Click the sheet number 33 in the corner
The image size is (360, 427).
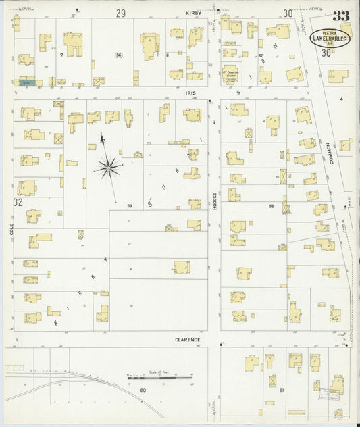coord(340,16)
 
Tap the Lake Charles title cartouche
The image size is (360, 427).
coord(330,38)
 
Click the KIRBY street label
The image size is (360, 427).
coord(195,12)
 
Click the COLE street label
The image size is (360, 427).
coord(11,230)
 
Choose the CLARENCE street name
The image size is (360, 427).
coord(187,339)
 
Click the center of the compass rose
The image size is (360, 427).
coord(107,166)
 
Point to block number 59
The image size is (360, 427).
coord(130,205)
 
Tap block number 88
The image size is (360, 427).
coord(272,205)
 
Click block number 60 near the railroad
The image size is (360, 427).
coord(143,391)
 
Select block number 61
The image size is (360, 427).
coord(282,391)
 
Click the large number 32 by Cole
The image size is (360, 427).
coord(18,202)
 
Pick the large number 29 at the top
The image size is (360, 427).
coord(120,13)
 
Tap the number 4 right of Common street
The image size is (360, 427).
coord(342,99)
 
